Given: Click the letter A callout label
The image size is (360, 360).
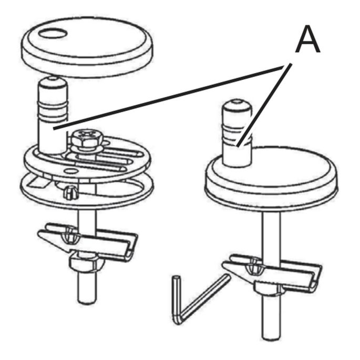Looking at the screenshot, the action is [x=307, y=39].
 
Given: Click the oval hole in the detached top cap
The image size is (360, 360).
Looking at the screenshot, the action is [x=53, y=33].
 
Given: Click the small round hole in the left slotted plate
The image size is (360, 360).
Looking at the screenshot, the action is [x=71, y=171].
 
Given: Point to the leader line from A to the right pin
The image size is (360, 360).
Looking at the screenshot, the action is [x=264, y=105].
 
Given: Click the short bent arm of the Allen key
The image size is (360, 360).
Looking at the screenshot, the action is [x=177, y=299].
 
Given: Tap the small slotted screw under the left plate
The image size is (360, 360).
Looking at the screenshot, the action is [x=71, y=192].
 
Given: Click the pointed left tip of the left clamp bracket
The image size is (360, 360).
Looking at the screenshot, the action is [x=39, y=234].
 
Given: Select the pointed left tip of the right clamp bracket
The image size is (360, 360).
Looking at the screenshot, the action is [x=224, y=265].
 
